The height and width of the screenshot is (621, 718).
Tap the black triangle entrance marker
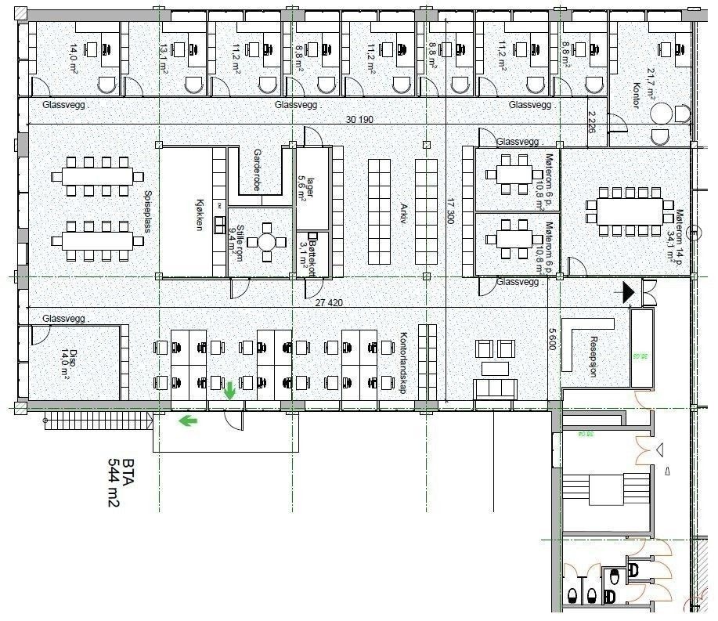(x=629, y=292)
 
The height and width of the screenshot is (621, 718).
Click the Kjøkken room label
(x=199, y=211)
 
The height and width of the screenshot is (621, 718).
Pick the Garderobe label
(x=256, y=168)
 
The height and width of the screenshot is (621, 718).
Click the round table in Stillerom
(x=268, y=241)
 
